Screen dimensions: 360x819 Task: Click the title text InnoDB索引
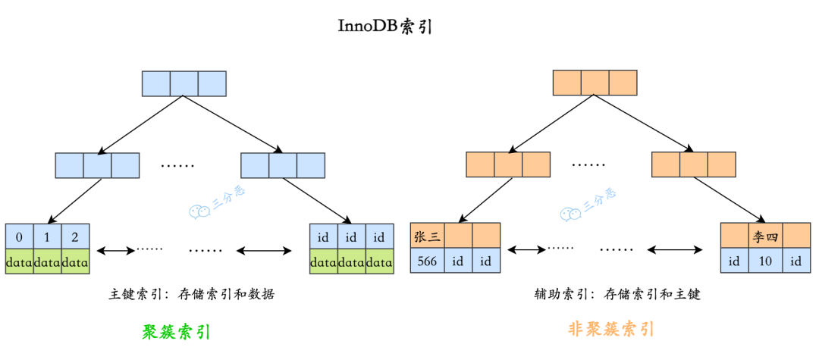(384, 26)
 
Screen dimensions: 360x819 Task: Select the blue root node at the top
(184, 83)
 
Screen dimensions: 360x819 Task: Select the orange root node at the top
(595, 83)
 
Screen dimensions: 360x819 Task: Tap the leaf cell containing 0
(19, 237)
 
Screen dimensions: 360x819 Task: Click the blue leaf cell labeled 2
(75, 237)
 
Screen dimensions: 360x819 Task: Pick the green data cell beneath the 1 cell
(47, 261)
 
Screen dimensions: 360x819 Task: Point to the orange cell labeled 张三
(427, 236)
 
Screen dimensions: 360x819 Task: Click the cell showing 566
(427, 261)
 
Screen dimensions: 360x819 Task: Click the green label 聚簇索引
(176, 332)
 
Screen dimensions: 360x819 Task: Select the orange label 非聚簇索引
(610, 329)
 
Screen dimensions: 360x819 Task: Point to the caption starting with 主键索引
(191, 294)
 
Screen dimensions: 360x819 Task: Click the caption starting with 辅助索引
(617, 294)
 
